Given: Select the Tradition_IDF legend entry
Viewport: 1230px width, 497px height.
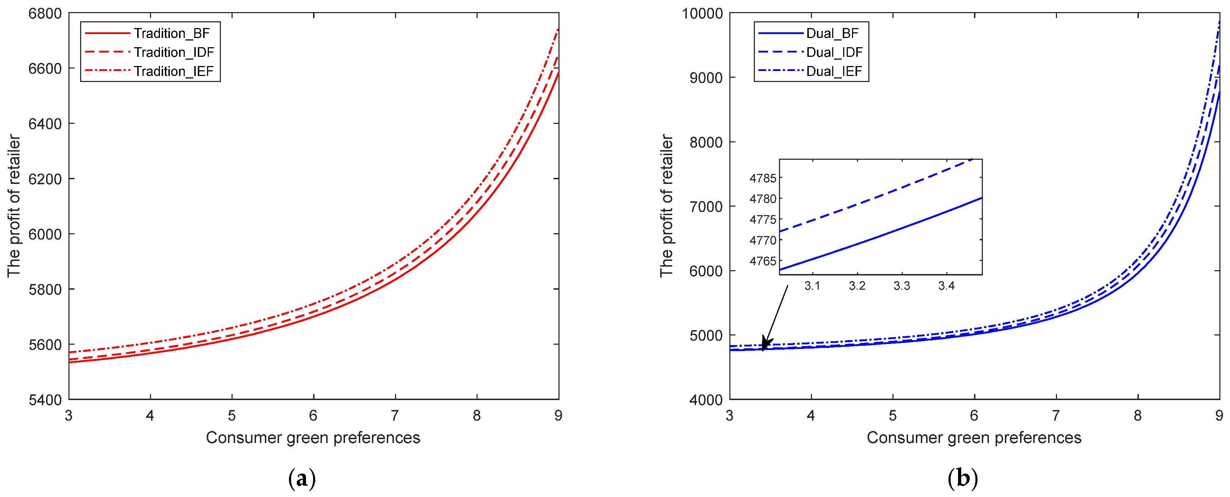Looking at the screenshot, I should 173,52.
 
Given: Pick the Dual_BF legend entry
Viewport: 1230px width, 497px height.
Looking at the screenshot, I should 832,33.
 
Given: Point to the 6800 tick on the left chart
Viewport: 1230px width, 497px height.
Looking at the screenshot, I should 45,13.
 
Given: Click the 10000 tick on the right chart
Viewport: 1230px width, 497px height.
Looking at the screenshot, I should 702,13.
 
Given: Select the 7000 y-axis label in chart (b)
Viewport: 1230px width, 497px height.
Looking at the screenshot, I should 706,207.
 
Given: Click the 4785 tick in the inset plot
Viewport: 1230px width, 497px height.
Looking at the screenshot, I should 763,178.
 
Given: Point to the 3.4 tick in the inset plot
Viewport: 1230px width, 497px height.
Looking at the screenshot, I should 946,286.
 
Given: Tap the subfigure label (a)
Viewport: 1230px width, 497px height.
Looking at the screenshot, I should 302,479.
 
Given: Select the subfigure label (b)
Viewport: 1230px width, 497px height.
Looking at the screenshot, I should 962,479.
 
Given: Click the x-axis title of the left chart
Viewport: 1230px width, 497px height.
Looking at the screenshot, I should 313,438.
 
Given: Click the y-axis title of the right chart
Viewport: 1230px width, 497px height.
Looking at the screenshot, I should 667,206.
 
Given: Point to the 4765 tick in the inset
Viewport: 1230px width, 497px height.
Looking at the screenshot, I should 763,261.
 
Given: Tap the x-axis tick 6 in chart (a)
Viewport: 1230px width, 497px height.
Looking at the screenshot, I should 313,416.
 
